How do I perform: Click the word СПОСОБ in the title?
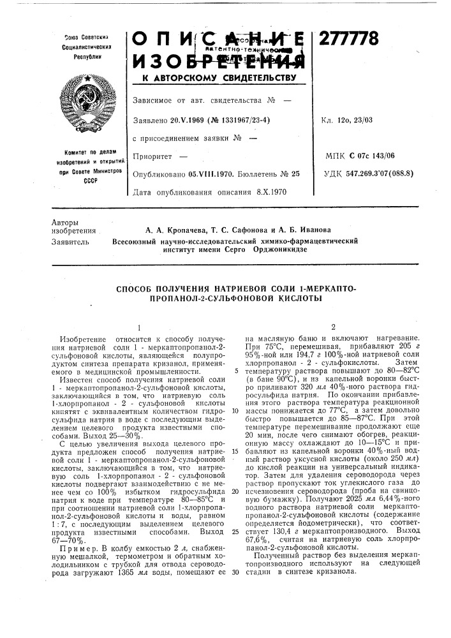(141, 290)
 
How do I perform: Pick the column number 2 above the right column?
(332, 326)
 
